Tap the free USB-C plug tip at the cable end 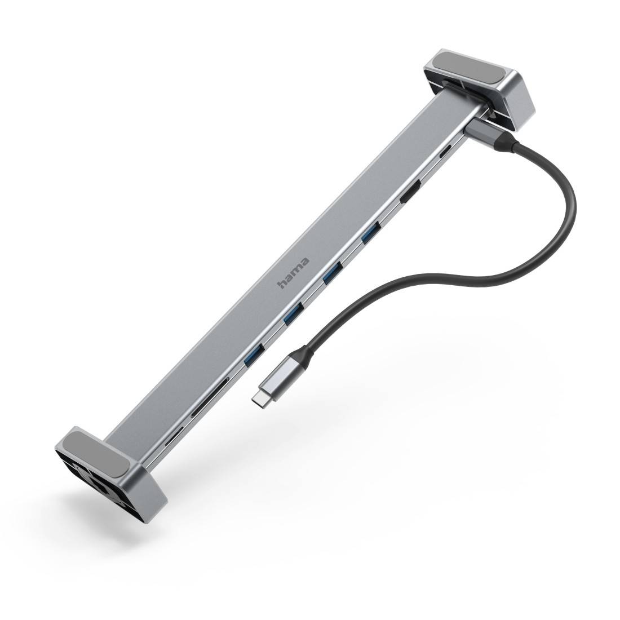click(258, 399)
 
